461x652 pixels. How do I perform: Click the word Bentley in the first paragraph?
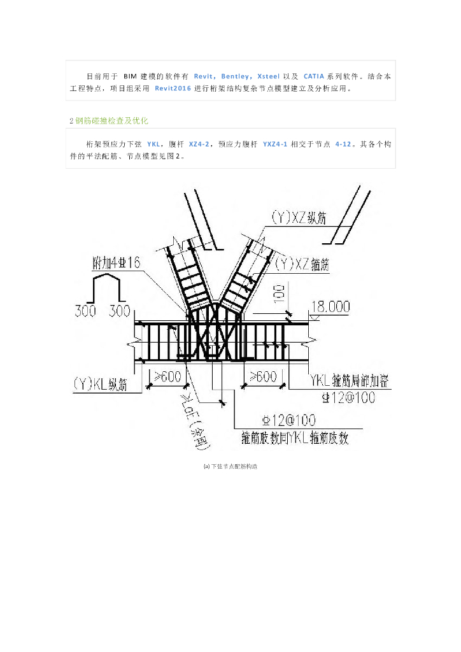coord(235,76)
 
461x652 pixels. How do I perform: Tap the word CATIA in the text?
coord(315,76)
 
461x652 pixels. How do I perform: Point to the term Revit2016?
coord(174,89)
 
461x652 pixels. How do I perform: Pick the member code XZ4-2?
coord(201,145)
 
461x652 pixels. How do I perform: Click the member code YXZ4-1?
coord(274,145)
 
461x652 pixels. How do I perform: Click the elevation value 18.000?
coord(330,308)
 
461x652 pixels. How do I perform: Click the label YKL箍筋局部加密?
coord(350,381)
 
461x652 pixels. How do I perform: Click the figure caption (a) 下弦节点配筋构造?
coord(230,467)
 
